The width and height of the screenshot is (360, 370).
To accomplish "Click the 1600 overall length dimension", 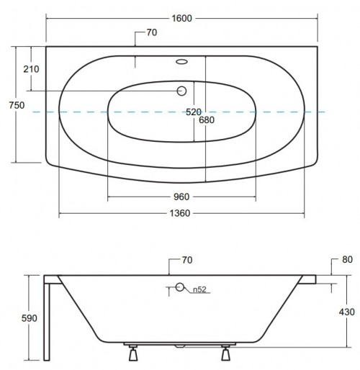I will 181,19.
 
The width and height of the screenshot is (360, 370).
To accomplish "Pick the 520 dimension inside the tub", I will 194,112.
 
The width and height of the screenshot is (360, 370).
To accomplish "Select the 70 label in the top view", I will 151,32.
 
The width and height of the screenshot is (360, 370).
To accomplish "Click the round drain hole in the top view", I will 181,91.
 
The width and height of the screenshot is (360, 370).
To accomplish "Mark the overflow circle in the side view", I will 181,289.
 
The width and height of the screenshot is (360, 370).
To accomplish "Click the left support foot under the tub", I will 132,354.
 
